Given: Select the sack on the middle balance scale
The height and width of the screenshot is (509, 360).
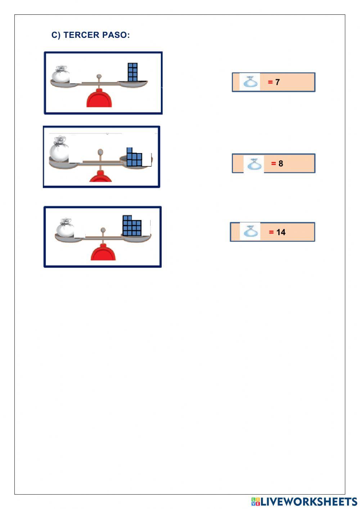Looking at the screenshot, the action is (59, 149).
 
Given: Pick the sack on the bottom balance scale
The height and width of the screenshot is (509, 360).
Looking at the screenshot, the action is (65, 227).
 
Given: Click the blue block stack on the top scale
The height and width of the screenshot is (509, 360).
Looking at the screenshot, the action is (132, 72).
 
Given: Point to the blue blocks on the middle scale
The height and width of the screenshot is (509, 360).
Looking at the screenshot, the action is (134, 157).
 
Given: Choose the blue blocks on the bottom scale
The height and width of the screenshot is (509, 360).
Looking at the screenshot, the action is (132, 226).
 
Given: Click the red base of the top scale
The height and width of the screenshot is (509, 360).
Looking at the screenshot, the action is (99, 98).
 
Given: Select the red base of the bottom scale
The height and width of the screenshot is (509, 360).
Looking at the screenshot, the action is (103, 252).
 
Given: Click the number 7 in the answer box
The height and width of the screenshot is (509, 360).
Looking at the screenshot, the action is (277, 82).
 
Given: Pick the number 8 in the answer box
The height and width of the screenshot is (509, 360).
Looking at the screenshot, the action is (281, 164).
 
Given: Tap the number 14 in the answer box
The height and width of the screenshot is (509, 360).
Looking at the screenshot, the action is (281, 232).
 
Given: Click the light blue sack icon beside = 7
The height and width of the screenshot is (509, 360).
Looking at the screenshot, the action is (251, 81).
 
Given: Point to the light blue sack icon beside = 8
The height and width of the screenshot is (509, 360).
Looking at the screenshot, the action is (255, 164).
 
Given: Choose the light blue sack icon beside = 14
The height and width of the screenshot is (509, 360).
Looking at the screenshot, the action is (251, 231).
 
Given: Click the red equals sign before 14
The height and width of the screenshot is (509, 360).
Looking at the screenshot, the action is (271, 232).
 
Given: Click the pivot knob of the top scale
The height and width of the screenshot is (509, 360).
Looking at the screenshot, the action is (99, 76).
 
